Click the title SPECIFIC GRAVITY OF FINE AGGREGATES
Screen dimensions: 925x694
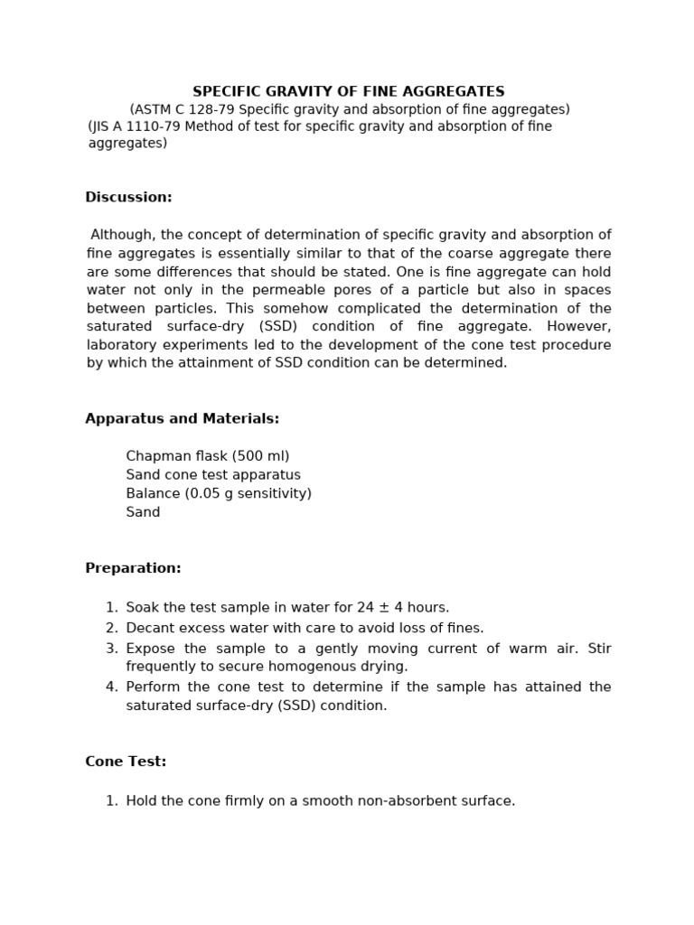click(x=348, y=92)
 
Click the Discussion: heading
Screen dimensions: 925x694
click(x=128, y=197)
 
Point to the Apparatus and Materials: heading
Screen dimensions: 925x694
click(x=182, y=419)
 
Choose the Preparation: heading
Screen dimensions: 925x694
click(x=133, y=568)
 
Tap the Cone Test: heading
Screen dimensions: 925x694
click(x=126, y=761)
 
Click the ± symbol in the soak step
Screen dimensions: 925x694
click(x=384, y=607)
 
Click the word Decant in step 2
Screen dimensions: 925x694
click(x=149, y=628)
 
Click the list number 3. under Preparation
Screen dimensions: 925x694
click(x=111, y=649)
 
